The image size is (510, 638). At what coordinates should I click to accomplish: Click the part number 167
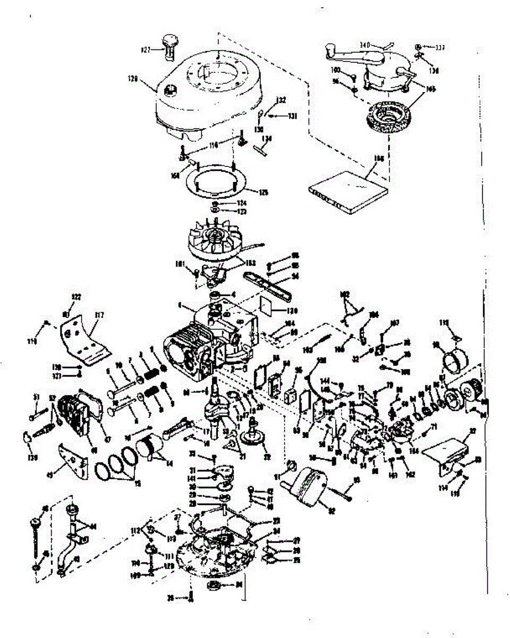point(394,322)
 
